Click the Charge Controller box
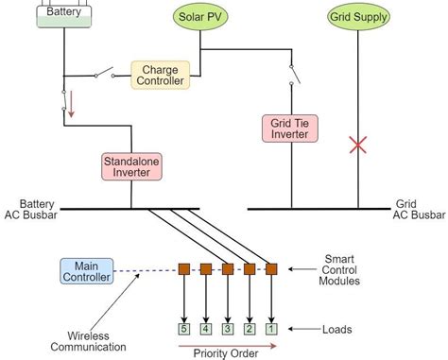[x=160, y=76]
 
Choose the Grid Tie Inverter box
[x=289, y=129]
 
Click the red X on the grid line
[x=357, y=145]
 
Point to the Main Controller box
[x=87, y=271]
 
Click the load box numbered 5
[x=185, y=329]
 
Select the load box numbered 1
[x=271, y=329]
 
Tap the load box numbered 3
[x=228, y=329]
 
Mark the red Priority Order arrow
[x=228, y=347]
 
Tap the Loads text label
[x=336, y=329]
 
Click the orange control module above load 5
[x=185, y=269]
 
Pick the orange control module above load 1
[x=271, y=269]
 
